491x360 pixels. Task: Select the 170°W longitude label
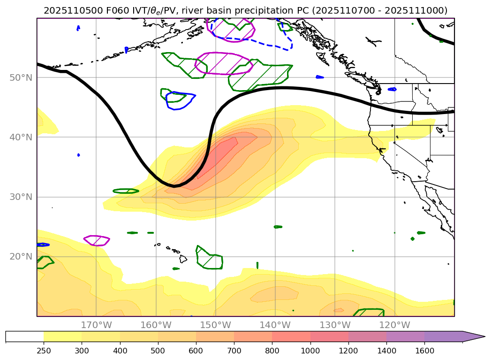pyautogui.click(x=96, y=325)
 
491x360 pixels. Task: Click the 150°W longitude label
pyautogui.click(x=215, y=325)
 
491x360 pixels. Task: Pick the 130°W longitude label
pyautogui.click(x=335, y=325)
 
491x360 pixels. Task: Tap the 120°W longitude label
pyautogui.click(x=394, y=325)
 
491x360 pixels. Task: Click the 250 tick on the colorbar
pyautogui.click(x=44, y=351)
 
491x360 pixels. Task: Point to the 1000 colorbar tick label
pyautogui.click(x=310, y=351)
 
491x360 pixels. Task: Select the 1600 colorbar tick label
pyautogui.click(x=424, y=351)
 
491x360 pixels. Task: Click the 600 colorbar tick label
pyautogui.click(x=196, y=351)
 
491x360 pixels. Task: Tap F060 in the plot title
pyautogui.click(x=107, y=10)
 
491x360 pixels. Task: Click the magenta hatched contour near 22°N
pyautogui.click(x=97, y=240)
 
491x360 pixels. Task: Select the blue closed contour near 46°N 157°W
pyautogui.click(x=180, y=100)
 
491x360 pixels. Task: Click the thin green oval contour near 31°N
pyautogui.click(x=126, y=191)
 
